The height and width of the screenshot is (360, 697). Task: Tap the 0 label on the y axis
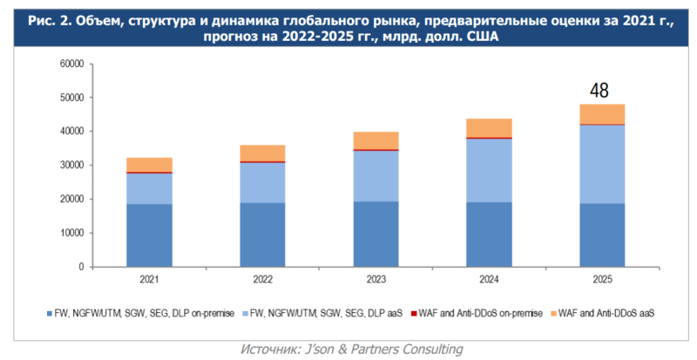(80, 268)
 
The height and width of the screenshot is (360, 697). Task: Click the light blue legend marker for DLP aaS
(244, 312)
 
